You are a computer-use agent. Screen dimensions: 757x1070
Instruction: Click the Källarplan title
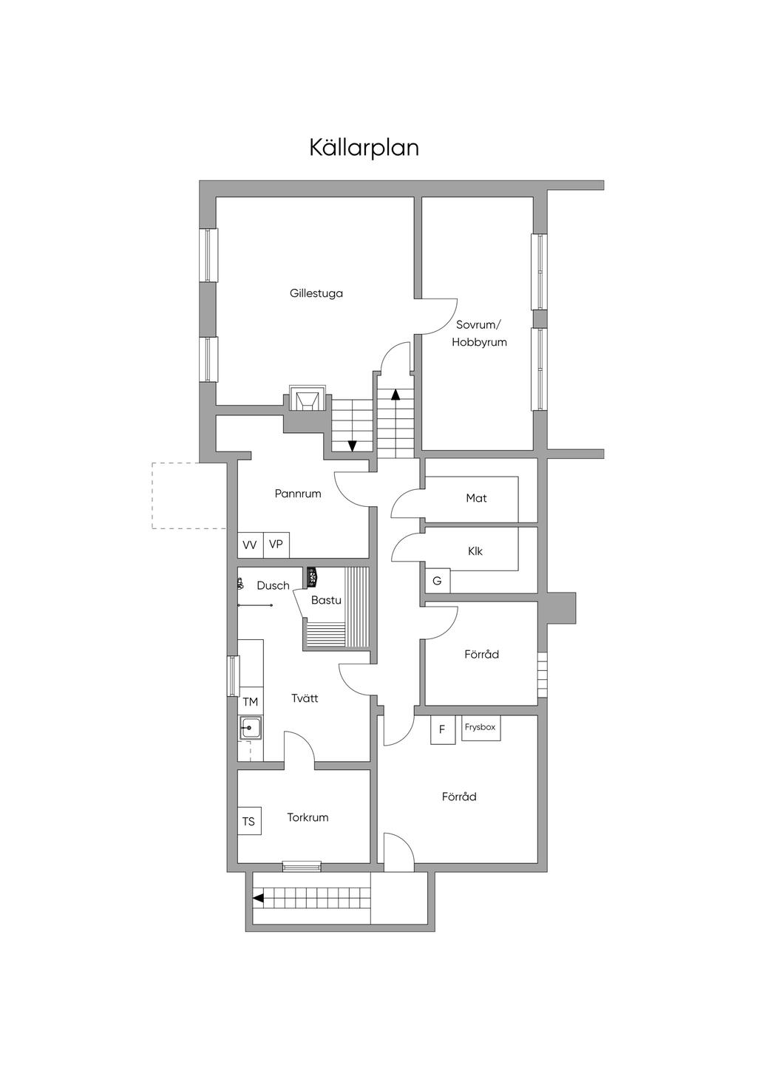tap(364, 148)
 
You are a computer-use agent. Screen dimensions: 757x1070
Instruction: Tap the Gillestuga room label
tap(316, 293)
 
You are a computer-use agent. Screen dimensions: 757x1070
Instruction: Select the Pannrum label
tap(298, 494)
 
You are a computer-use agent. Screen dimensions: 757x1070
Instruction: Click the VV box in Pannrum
tap(250, 545)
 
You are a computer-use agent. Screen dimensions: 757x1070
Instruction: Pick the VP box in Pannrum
tap(276, 545)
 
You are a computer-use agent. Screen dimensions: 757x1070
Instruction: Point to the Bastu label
tap(326, 600)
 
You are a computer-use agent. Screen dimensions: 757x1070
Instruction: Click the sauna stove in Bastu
tap(312, 577)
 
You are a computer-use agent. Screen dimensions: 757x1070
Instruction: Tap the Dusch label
tap(273, 586)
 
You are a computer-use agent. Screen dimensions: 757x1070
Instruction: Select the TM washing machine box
tap(251, 701)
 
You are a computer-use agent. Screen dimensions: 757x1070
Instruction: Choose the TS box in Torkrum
tap(249, 821)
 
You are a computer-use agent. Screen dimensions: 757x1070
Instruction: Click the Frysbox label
tap(481, 727)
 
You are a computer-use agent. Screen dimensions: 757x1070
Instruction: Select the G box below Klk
tap(438, 581)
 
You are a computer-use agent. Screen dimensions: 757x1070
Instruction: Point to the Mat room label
tap(477, 498)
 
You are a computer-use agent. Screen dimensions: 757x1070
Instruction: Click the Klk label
tap(475, 551)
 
